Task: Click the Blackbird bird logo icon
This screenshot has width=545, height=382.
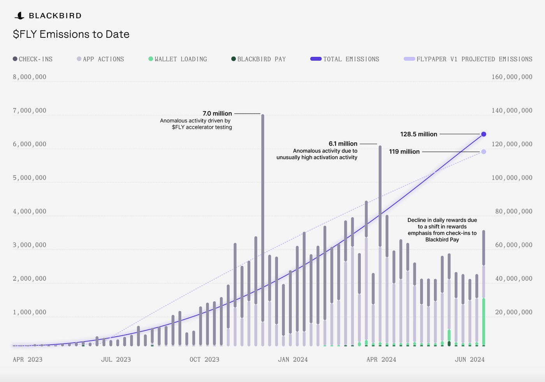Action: coord(19,16)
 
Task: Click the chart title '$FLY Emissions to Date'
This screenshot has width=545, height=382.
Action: coord(71,34)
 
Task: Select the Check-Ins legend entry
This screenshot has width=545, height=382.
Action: coord(33,59)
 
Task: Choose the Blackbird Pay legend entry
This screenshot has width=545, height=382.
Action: coord(258,59)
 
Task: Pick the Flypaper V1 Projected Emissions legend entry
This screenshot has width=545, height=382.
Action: coord(468,59)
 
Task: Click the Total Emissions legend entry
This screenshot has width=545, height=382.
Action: coord(345,59)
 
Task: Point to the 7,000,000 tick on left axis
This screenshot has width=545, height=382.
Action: coord(30,111)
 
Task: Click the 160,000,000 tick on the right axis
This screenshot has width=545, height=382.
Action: coord(512,77)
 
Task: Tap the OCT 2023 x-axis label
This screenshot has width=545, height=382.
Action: coord(204,359)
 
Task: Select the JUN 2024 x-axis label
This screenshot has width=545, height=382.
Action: coord(470,359)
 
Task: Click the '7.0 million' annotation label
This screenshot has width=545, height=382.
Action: coord(217,113)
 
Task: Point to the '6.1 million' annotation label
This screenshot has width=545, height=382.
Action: coord(343,144)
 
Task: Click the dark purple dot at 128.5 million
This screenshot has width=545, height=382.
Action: coord(483,134)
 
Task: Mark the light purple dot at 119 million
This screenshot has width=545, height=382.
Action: coord(483,152)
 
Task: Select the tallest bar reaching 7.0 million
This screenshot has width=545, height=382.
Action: coord(263,218)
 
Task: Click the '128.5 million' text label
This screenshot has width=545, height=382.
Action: coord(418,134)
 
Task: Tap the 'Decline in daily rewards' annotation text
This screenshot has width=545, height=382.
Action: coord(442,230)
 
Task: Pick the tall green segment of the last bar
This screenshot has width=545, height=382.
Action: coord(483,322)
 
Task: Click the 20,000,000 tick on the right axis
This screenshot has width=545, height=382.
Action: coord(513,312)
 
